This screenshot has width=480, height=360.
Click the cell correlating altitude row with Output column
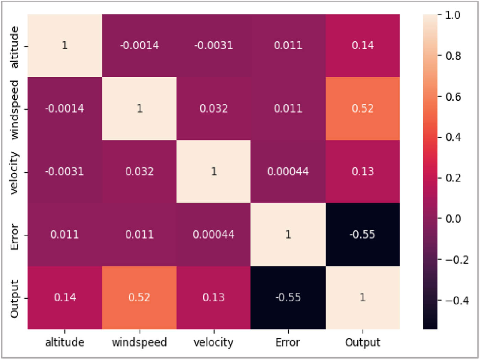362,46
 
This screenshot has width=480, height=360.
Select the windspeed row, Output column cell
362,109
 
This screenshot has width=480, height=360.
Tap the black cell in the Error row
362,235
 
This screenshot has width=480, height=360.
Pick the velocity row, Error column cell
288,171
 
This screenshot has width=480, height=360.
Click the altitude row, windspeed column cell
139,46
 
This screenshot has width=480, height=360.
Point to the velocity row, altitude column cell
64,171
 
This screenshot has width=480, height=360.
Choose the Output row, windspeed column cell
139,297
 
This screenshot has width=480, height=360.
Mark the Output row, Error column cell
288,297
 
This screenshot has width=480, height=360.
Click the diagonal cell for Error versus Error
288,235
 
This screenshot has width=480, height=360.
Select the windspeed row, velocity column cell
214,109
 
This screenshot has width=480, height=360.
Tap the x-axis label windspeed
139,342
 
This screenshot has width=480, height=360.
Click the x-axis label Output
362,342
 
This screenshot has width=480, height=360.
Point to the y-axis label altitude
14,47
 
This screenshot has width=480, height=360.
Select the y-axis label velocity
14,173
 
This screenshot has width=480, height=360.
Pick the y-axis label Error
14,237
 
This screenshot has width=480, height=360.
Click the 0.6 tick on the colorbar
453,97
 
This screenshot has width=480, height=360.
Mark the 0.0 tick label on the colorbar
453,219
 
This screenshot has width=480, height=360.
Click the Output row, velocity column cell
214,297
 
